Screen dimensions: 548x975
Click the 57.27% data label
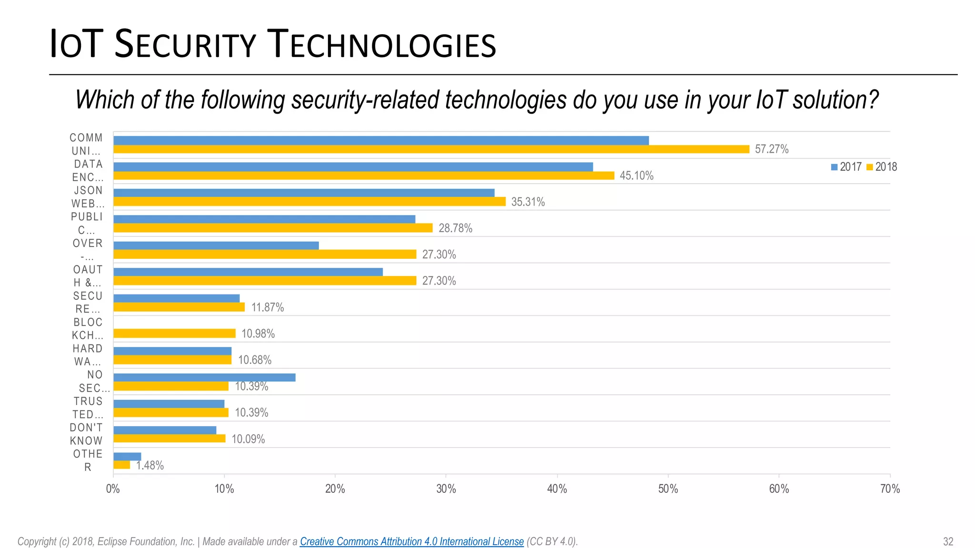coord(771,149)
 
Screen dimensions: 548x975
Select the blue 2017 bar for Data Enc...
coord(353,166)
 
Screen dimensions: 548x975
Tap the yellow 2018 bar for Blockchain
coord(174,333)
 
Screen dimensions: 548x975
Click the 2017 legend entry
coord(846,167)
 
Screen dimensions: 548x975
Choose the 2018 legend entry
coord(882,167)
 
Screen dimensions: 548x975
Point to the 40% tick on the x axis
coord(557,489)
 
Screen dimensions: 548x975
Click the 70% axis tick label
coord(889,489)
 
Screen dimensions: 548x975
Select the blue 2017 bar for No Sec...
coord(204,377)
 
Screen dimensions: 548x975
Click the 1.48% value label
coord(150,465)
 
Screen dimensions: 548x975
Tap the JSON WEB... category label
coord(88,197)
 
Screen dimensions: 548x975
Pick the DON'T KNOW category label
coord(86,434)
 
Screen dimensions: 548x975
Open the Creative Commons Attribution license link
coord(411,541)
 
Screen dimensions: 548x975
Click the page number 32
coord(948,541)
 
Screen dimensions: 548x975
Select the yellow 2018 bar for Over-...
coord(265,254)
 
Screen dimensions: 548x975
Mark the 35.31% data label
coord(527,202)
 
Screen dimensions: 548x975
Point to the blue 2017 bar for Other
coord(127,457)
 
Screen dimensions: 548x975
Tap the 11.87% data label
coord(267,307)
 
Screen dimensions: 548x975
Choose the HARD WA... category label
coord(88,355)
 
